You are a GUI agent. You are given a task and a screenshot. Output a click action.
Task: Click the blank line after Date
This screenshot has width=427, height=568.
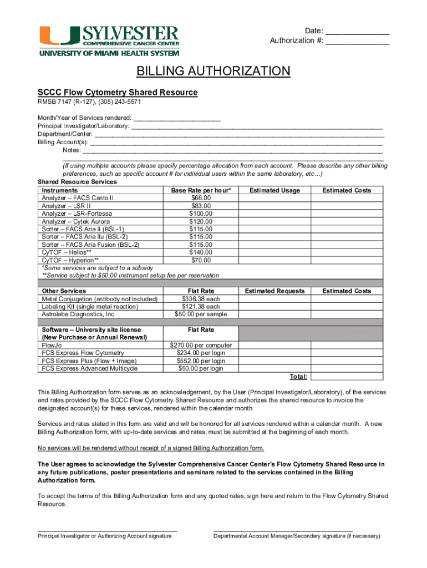[357, 32]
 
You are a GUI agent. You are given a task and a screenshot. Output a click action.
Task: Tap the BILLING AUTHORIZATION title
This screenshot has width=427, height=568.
[213, 71]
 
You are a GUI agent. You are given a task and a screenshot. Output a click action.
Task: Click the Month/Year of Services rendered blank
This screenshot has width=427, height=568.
[177, 119]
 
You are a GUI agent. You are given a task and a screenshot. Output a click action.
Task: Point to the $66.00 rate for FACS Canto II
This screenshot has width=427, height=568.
[201, 198]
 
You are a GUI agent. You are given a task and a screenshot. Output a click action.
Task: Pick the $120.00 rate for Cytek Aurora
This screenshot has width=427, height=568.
[201, 221]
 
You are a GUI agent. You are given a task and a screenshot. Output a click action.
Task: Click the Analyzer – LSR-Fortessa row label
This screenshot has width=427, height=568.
[77, 214]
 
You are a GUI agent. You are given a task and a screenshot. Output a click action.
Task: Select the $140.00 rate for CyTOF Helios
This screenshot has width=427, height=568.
[201, 252]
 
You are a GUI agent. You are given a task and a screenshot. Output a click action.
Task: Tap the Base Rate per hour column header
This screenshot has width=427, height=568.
[201, 190]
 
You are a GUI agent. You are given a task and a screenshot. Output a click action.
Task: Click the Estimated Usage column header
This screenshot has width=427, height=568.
[274, 190]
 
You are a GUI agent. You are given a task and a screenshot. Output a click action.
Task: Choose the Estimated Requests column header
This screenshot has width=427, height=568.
[274, 291]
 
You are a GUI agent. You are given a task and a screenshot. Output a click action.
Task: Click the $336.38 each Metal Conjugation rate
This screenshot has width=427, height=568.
[201, 299]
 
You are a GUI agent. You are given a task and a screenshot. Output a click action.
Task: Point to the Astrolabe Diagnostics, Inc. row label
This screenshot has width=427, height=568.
[79, 315]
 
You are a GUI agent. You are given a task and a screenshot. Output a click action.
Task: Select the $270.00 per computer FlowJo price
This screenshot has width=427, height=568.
[201, 345]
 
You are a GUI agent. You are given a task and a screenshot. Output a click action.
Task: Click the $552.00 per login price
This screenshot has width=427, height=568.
[201, 361]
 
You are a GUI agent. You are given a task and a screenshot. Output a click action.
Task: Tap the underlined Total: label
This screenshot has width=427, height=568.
[298, 377]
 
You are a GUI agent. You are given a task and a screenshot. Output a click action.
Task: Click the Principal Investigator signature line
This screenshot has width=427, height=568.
[107, 530]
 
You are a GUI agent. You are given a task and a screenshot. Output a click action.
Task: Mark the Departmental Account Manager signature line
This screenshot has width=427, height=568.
[283, 530]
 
